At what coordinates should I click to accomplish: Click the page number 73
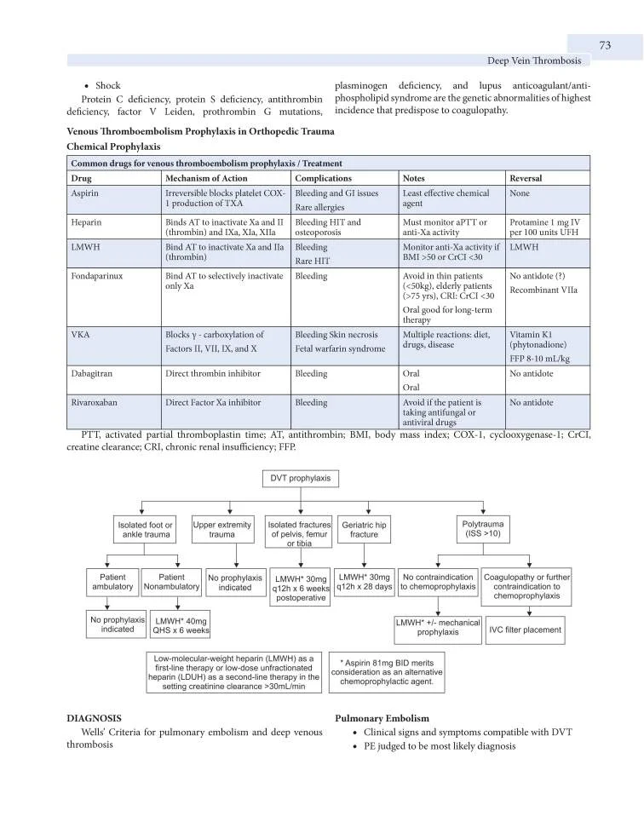tap(605, 45)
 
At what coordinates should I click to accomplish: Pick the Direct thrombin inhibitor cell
tap(213, 374)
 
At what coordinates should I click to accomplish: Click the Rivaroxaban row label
tap(98, 402)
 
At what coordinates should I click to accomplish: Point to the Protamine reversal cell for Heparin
tap(545, 227)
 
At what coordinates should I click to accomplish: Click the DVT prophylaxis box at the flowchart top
tap(300, 478)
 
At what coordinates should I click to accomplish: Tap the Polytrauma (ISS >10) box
tap(484, 529)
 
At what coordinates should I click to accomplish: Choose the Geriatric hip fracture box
tap(364, 530)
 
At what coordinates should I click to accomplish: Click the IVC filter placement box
tap(525, 630)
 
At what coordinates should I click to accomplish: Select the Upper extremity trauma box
tap(222, 530)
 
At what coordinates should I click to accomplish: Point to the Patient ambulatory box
tap(112, 582)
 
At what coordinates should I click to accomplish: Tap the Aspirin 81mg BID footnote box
tap(387, 671)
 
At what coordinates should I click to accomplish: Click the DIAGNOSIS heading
tap(94, 718)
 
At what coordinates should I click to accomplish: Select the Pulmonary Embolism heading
tap(382, 718)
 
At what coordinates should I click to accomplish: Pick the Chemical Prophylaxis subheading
tap(113, 147)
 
